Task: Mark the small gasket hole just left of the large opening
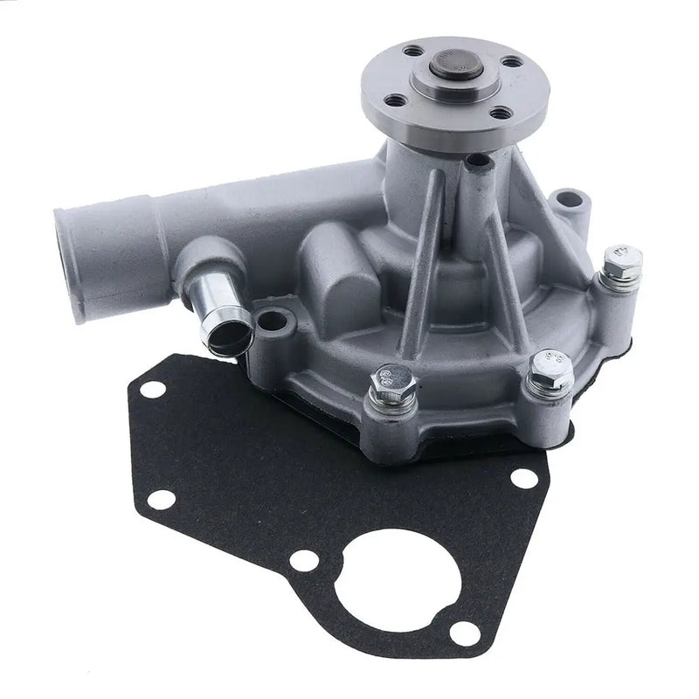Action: [x=302, y=560]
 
